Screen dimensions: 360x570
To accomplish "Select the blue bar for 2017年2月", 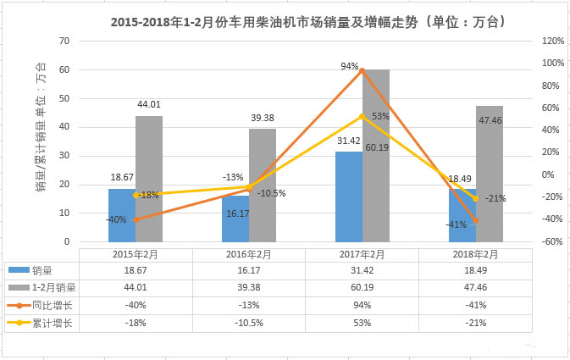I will pyautogui.click(x=348, y=197).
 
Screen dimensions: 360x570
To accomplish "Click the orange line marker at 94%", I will pyautogui.click(x=362, y=70).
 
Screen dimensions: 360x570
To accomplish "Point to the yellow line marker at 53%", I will pyautogui.click(x=362, y=116).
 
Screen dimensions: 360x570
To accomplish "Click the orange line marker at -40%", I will pyautogui.click(x=136, y=219).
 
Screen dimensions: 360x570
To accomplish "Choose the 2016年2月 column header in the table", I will pyautogui.click(x=248, y=254).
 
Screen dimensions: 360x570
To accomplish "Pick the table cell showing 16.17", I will pyautogui.click(x=248, y=270).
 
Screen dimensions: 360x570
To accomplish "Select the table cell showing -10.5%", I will pyautogui.click(x=248, y=321).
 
